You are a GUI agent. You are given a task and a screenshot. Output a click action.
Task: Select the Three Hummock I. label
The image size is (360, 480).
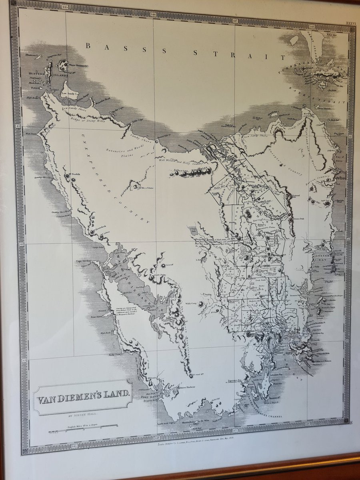pyautogui.click(x=79, y=65)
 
